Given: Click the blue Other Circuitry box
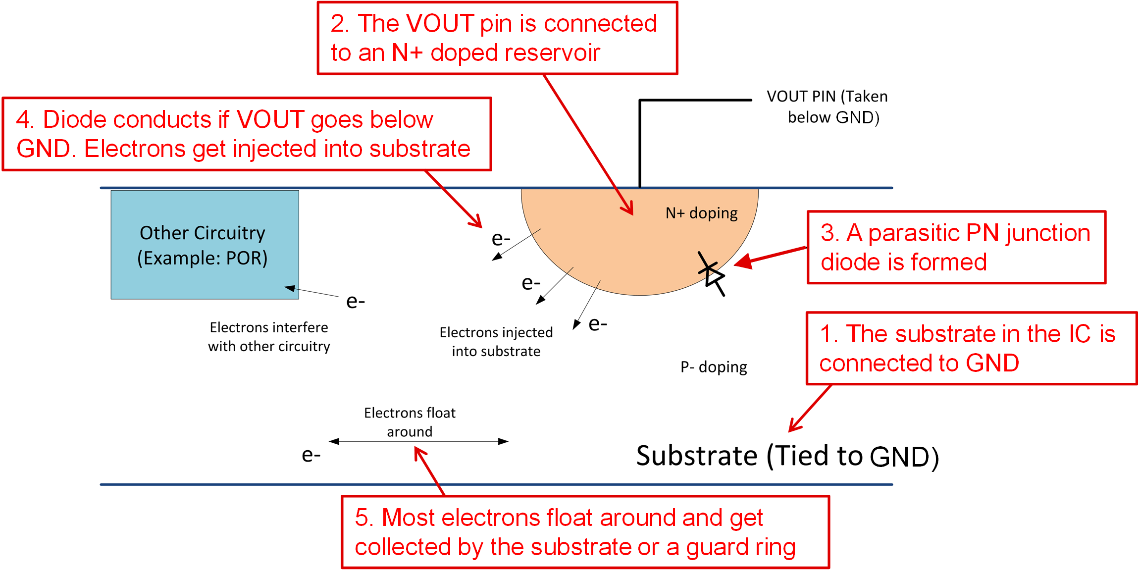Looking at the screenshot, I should click(x=205, y=245).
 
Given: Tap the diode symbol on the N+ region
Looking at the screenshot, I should click(x=712, y=274).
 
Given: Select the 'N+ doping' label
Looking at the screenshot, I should click(x=701, y=213).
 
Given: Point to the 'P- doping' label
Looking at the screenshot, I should click(x=714, y=367).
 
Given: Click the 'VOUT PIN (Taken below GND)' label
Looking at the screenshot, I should click(x=827, y=106).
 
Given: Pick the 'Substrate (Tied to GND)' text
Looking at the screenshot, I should click(x=787, y=456).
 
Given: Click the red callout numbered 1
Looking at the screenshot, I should click(x=971, y=348).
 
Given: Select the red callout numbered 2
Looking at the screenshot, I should click(x=497, y=38).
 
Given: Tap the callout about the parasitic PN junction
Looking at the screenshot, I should click(x=956, y=247).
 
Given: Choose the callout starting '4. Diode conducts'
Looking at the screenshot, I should click(x=247, y=134).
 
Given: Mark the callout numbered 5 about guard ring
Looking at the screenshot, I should click(x=585, y=532).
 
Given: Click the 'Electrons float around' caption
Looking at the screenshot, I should click(x=410, y=422).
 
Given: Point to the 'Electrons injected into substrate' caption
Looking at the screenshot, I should click(x=496, y=342).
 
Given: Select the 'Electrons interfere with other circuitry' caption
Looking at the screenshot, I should click(x=269, y=337).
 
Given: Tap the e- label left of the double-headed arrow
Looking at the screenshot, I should click(x=311, y=455).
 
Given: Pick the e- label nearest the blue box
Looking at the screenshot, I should click(x=355, y=301).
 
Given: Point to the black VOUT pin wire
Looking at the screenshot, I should click(x=640, y=144).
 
